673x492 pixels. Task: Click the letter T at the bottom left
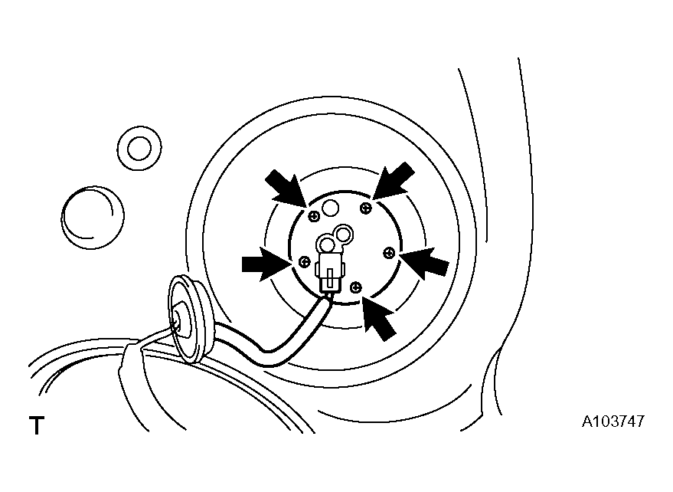(37, 425)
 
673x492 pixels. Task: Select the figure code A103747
(613, 421)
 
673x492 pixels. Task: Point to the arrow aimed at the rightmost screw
(425, 262)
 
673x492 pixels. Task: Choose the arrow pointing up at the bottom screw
(378, 318)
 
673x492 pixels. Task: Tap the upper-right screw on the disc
(366, 208)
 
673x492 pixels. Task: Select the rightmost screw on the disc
(389, 253)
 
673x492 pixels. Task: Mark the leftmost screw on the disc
(304, 261)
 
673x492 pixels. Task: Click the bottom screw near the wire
(356, 287)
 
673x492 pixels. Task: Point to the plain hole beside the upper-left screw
(331, 208)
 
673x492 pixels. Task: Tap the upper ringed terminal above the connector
(344, 235)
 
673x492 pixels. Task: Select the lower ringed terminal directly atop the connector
(327, 246)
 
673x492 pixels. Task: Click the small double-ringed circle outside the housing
(139, 148)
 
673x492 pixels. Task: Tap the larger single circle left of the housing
(93, 218)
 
